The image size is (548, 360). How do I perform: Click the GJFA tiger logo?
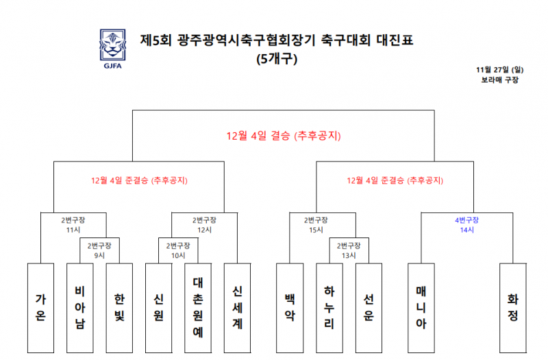112,49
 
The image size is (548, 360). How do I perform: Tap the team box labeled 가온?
40,308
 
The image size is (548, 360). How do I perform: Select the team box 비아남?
80,308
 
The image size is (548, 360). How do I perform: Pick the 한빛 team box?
119,308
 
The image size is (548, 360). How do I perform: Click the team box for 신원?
159,308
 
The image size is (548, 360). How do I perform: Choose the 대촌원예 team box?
198,308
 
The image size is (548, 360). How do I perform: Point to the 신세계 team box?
237,308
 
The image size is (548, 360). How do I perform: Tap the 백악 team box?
290,308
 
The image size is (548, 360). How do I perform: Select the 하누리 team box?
329,308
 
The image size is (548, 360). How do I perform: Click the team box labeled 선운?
369,308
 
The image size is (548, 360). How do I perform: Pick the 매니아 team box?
421,308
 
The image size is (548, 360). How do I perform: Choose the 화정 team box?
513,308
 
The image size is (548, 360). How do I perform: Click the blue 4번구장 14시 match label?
466,225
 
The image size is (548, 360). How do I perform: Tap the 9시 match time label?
99,255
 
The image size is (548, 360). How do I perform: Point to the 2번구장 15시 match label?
316,225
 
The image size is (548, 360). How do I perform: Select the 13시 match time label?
349,255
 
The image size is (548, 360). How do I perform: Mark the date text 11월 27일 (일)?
500,70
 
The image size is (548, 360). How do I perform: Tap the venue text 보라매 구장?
500,80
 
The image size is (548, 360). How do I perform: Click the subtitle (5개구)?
277,58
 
